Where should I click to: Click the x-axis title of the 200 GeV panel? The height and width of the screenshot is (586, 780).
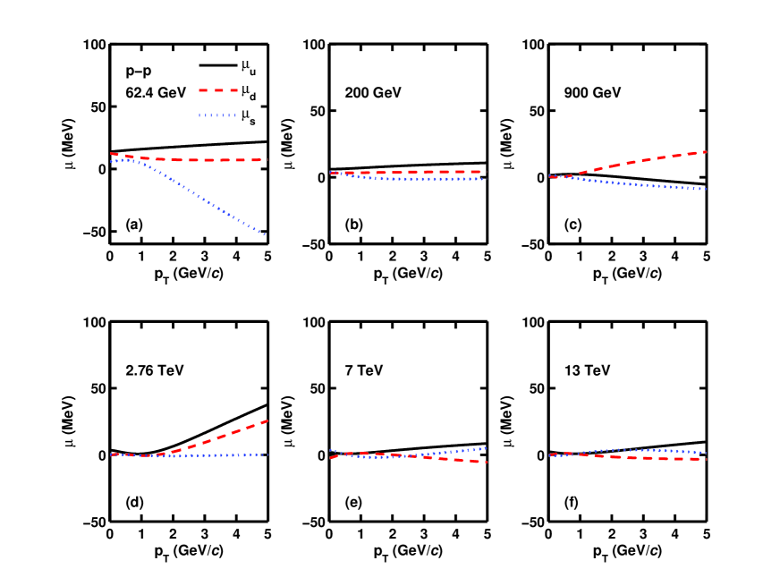[408, 271]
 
